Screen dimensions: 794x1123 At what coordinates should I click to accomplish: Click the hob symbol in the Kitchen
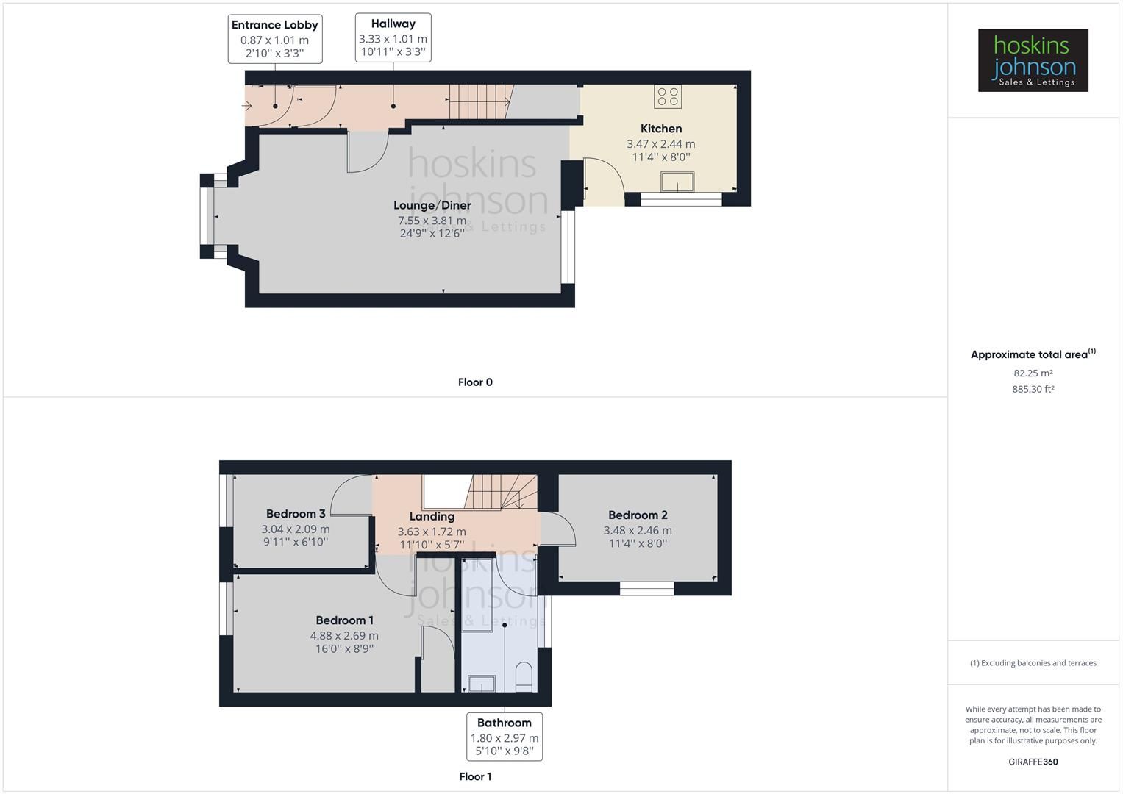668,96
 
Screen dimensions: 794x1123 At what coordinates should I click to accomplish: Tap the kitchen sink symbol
677,182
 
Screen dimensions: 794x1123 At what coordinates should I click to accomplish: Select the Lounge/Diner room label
432,205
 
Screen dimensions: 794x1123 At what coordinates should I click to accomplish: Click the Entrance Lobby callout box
274,38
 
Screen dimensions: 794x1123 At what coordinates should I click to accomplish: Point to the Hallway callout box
393,37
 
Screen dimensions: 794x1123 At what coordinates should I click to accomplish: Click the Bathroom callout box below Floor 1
505,736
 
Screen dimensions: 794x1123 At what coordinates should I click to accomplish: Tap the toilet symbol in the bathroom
524,676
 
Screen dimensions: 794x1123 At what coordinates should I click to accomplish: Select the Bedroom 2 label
638,515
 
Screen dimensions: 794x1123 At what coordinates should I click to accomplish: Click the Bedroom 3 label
296,514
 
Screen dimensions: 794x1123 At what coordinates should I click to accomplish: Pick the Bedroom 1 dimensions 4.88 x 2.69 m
344,636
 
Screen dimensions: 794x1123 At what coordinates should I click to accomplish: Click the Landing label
432,516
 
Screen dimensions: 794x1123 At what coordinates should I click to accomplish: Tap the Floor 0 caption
475,382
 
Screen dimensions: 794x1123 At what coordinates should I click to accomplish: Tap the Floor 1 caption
475,776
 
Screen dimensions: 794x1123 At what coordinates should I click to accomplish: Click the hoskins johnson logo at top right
1033,60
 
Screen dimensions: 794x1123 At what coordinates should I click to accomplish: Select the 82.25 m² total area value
1033,373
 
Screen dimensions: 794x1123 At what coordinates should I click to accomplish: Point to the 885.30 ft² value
1033,390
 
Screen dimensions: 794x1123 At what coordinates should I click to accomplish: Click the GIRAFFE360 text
1033,762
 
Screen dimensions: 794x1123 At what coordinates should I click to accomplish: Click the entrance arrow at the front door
247,107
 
